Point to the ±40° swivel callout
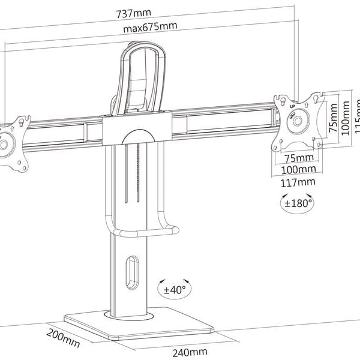[175, 289]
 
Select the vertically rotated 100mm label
[346, 119]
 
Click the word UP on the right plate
[292, 106]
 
